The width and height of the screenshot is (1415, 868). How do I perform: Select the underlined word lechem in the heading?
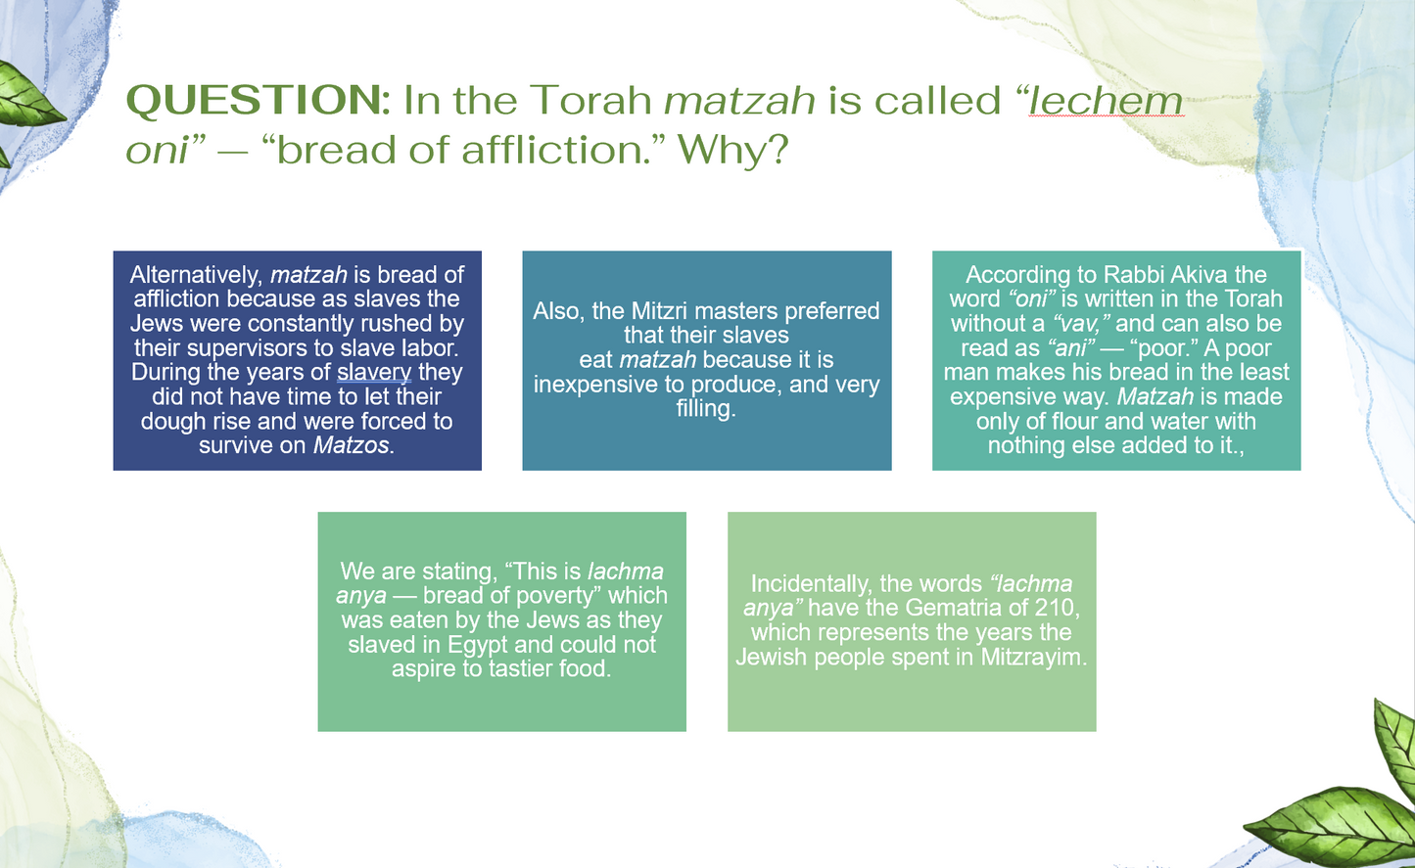(1106, 100)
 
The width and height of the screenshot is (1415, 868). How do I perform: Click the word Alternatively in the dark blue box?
(197, 275)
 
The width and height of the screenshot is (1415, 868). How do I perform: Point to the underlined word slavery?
(374, 373)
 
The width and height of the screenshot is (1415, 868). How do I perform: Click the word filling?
(705, 409)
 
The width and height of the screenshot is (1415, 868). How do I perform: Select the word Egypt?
(478, 645)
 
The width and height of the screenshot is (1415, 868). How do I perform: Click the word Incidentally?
(811, 584)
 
